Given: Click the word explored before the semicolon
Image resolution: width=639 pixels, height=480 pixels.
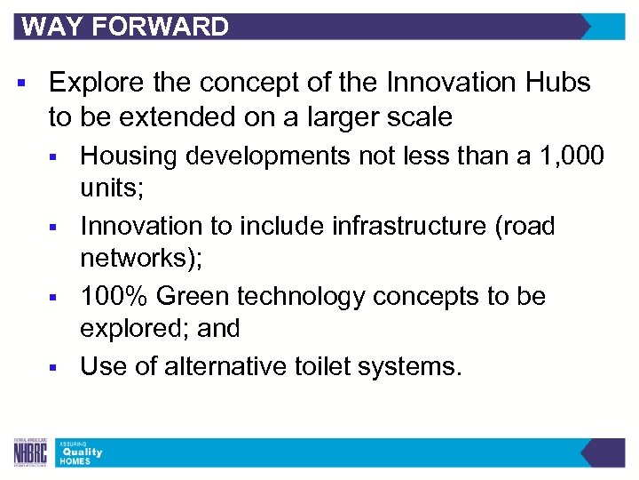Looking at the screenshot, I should tap(132, 329).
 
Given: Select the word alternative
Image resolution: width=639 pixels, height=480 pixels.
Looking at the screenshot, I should tap(229, 365).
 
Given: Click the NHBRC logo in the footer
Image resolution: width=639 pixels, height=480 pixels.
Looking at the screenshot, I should tap(30, 452).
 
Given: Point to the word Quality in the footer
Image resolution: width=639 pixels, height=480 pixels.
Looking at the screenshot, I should tap(82, 452).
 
